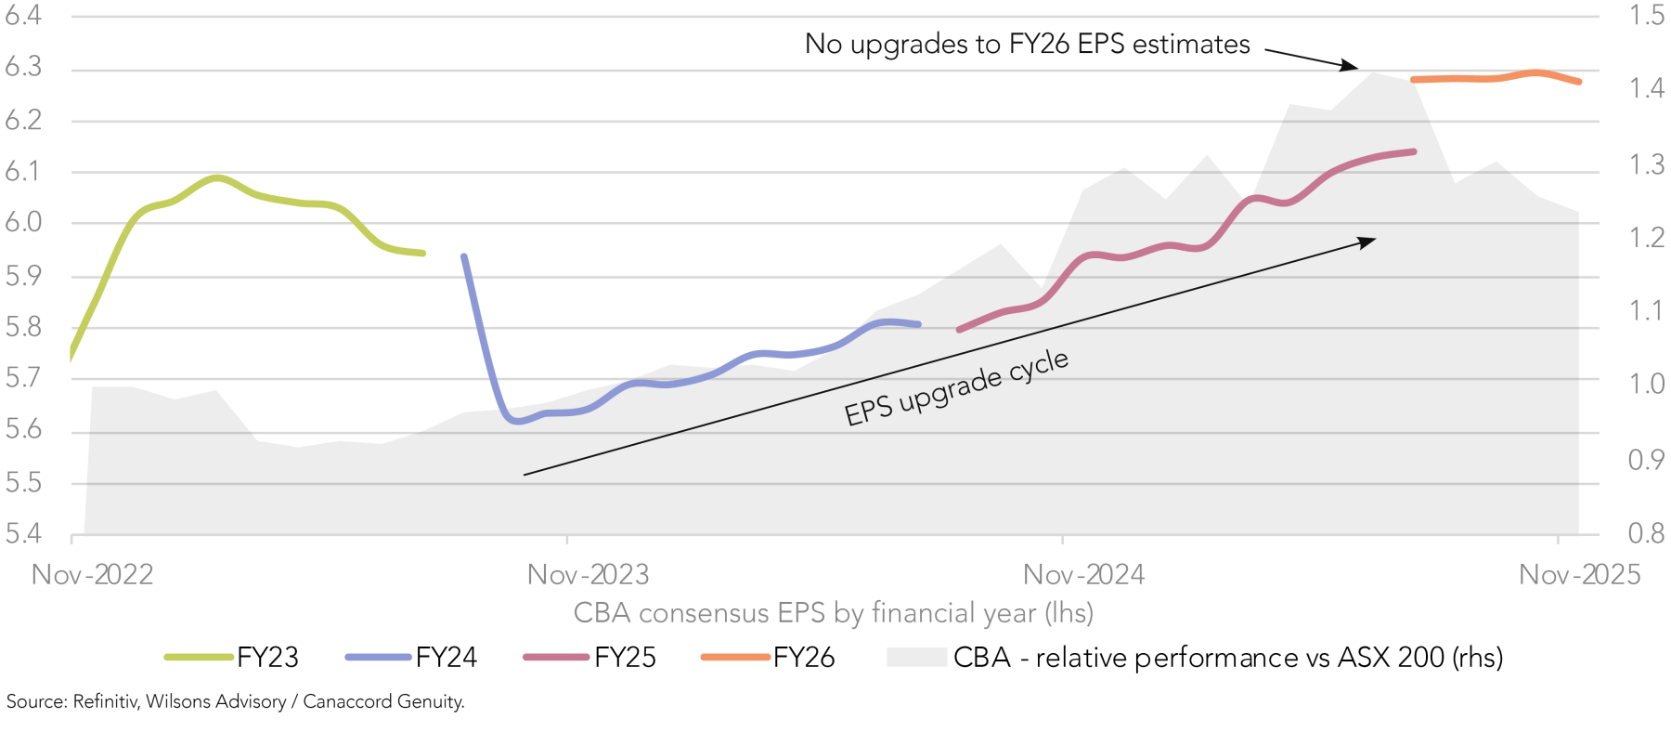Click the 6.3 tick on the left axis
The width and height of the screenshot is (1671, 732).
tap(23, 67)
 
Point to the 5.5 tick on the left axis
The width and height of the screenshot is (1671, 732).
tap(23, 482)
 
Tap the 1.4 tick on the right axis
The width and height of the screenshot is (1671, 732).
tap(1647, 88)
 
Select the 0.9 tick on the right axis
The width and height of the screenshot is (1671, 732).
tap(1646, 460)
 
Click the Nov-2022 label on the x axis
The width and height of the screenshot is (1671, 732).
tap(92, 575)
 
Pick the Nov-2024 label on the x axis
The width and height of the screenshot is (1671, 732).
tap(1083, 575)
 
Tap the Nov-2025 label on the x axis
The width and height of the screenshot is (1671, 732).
tap(1579, 575)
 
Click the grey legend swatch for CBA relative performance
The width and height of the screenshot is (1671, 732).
tap(915, 658)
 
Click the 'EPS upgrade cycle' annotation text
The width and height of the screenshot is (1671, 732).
tap(956, 387)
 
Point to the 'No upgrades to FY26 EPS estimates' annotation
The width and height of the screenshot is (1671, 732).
tap(1027, 44)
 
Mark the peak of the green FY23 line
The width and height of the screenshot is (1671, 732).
tap(216, 176)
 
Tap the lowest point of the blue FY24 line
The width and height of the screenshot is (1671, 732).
tap(517, 421)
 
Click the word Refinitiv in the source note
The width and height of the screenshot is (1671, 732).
tap(106, 701)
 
